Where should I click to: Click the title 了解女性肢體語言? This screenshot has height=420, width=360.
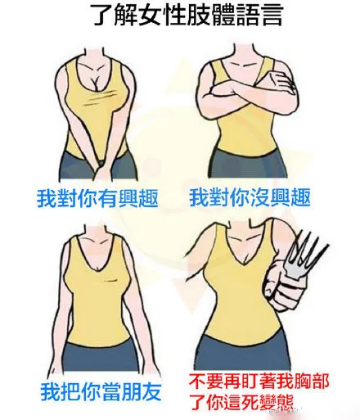pyautogui.click(x=187, y=15)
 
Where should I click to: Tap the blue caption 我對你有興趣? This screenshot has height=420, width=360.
pyautogui.click(x=97, y=198)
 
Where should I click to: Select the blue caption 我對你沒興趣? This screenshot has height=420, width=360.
pyautogui.click(x=250, y=198)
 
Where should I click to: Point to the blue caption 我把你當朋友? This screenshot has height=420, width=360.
pyautogui.click(x=101, y=392)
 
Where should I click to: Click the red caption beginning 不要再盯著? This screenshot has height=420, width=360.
pyautogui.click(x=259, y=392)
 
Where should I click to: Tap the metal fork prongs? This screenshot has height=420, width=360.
pyautogui.click(x=305, y=254)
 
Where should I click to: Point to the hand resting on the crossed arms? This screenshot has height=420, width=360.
pyautogui.click(x=281, y=82)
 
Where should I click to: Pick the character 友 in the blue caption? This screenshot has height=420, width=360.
pyautogui.click(x=151, y=392)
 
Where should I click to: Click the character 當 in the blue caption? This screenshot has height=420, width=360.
pyautogui.click(x=111, y=392)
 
